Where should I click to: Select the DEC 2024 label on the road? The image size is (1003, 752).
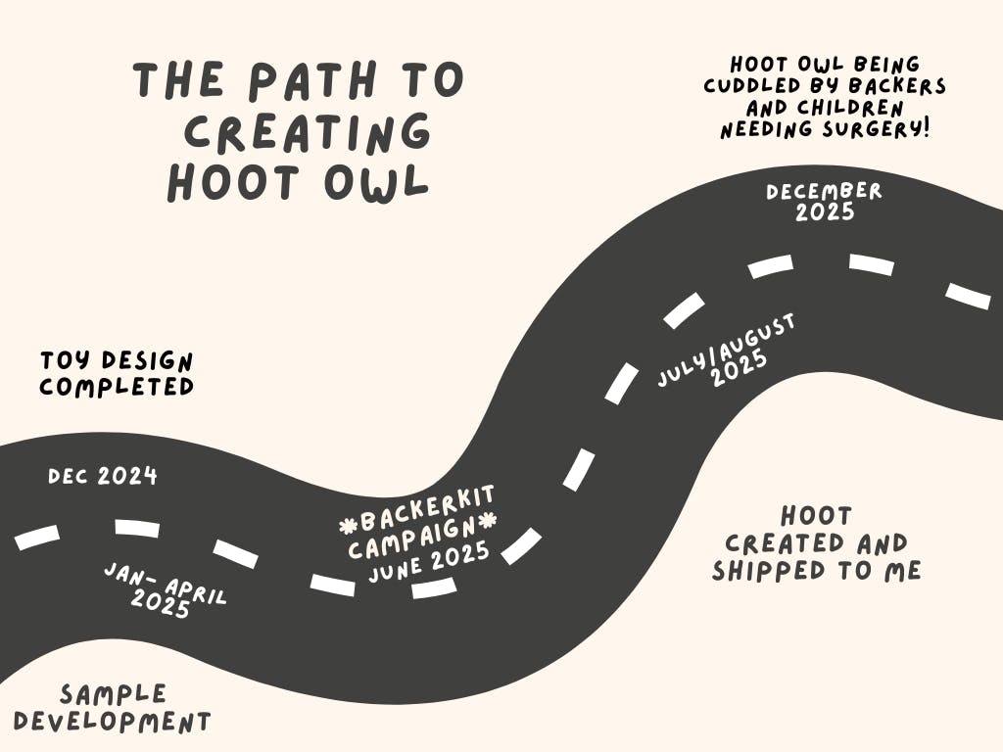click(103, 477)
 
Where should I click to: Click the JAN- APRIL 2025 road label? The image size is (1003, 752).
click(164, 589)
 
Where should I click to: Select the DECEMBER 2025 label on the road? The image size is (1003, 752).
click(825, 201)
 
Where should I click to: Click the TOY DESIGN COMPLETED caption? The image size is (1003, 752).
click(117, 373)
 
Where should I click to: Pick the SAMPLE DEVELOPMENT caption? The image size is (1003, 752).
click(113, 709)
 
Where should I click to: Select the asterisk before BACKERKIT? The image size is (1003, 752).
click(348, 527)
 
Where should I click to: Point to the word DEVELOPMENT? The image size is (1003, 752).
click(113, 723)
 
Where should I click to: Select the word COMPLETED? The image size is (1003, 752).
click(117, 387)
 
